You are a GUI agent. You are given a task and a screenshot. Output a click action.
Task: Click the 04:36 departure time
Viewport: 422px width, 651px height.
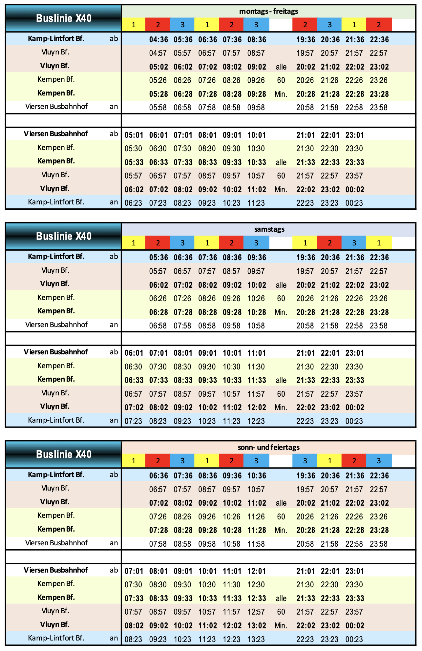pyautogui.click(x=158, y=40)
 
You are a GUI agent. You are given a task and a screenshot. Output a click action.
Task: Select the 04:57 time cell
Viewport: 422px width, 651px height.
pyautogui.click(x=158, y=53)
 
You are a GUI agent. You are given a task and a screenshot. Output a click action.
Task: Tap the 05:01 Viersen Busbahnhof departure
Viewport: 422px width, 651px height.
pyautogui.click(x=134, y=135)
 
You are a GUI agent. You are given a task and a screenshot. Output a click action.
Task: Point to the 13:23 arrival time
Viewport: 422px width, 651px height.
pyautogui.click(x=256, y=639)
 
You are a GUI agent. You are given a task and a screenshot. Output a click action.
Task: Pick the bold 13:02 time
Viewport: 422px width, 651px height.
pyautogui.click(x=256, y=626)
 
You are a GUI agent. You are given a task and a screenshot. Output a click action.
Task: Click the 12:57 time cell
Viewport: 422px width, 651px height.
pyautogui.click(x=256, y=612)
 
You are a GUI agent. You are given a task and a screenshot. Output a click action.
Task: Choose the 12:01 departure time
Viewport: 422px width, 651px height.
pyautogui.click(x=256, y=571)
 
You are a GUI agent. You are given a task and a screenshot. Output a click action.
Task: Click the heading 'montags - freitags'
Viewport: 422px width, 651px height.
pyautogui.click(x=268, y=11)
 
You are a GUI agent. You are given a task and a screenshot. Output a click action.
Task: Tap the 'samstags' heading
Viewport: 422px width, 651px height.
pyautogui.click(x=269, y=229)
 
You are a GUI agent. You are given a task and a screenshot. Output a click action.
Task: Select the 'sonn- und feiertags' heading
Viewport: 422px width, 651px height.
pyautogui.click(x=268, y=447)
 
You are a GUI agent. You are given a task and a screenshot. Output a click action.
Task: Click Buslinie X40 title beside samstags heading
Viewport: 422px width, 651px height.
pyautogui.click(x=64, y=236)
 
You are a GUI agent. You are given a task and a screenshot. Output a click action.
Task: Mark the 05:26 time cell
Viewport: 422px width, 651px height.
pyautogui.click(x=158, y=80)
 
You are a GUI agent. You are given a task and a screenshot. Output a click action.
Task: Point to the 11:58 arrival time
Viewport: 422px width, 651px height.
pyautogui.click(x=256, y=544)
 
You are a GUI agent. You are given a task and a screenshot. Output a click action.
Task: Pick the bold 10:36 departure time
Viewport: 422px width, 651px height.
pyautogui.click(x=256, y=476)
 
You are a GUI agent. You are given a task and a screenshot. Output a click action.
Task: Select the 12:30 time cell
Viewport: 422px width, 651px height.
pyautogui.click(x=256, y=585)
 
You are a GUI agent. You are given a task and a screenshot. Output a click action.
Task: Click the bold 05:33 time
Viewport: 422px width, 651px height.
pyautogui.click(x=134, y=162)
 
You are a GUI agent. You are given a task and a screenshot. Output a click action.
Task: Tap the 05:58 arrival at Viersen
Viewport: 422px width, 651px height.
pyautogui.click(x=158, y=108)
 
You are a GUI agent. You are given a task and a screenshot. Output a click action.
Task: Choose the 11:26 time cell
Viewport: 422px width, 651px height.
pyautogui.click(x=256, y=517)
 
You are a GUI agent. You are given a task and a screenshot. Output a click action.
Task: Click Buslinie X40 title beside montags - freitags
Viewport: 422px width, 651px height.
pyautogui.click(x=64, y=18)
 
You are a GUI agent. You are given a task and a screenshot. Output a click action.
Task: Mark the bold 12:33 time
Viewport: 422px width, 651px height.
pyautogui.click(x=256, y=598)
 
